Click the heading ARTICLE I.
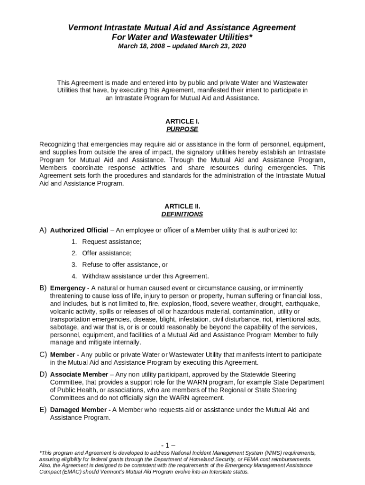tap(182, 121)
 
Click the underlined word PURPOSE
tap(182, 129)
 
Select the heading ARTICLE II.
tap(182, 207)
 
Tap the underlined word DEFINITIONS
tap(182, 214)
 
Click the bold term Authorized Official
tap(79, 230)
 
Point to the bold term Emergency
tap(67, 288)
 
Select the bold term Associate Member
tap(79, 374)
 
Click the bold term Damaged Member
tap(78, 409)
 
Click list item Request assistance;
tap(112, 242)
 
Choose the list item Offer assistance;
tap(107, 253)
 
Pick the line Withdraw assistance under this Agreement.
tap(146, 276)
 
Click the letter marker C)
tap(43, 354)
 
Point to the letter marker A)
tap(43, 230)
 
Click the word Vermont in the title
tap(84, 28)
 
